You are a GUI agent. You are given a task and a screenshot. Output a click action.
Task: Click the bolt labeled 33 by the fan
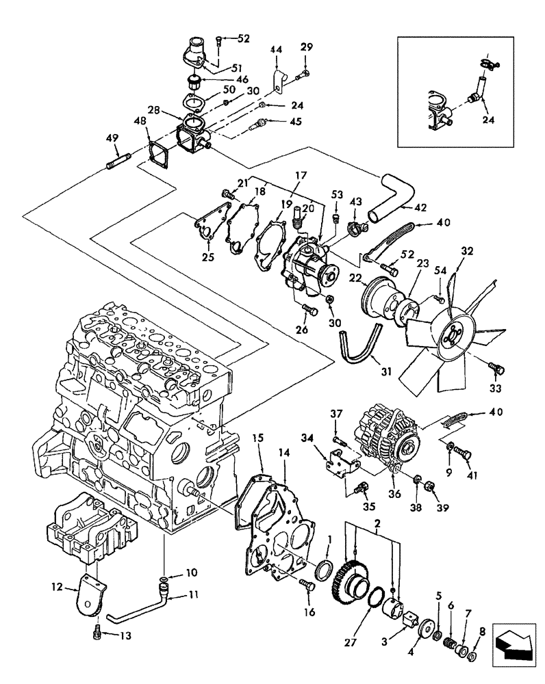pos(498,369)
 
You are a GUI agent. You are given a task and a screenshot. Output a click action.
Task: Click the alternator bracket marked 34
pos(341,460)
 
